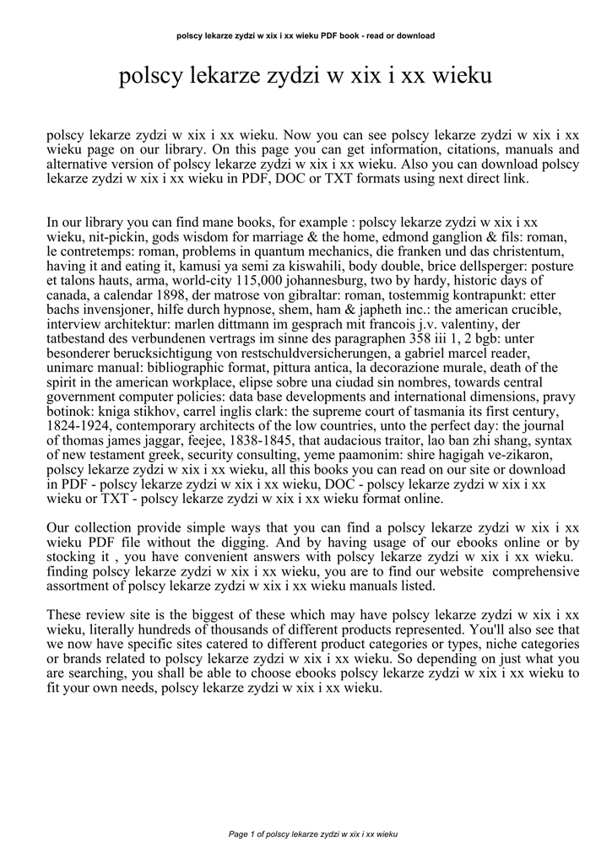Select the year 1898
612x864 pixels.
click(176, 294)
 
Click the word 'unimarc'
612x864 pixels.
click(72, 367)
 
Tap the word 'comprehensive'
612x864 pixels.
click(536, 571)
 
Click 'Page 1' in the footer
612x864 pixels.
click(242, 834)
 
